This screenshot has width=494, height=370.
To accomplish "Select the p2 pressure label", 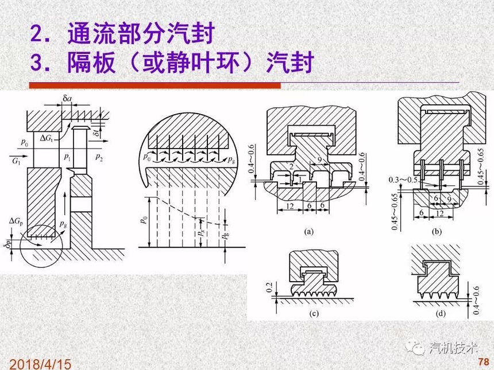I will click(99, 156).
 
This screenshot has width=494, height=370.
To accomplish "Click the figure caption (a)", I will click(308, 232).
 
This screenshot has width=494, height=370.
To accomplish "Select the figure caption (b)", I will click(438, 232).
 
